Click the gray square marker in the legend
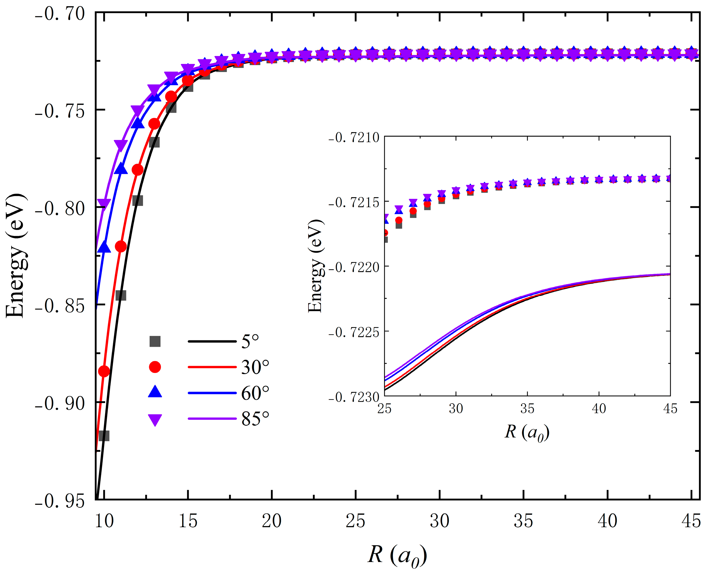coord(155,341)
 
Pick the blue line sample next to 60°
coord(212,393)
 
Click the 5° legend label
coord(250,341)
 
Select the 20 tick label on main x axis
coord(271,521)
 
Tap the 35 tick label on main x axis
coord(523,521)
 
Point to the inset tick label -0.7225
coord(354,332)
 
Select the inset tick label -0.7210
coord(354,137)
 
